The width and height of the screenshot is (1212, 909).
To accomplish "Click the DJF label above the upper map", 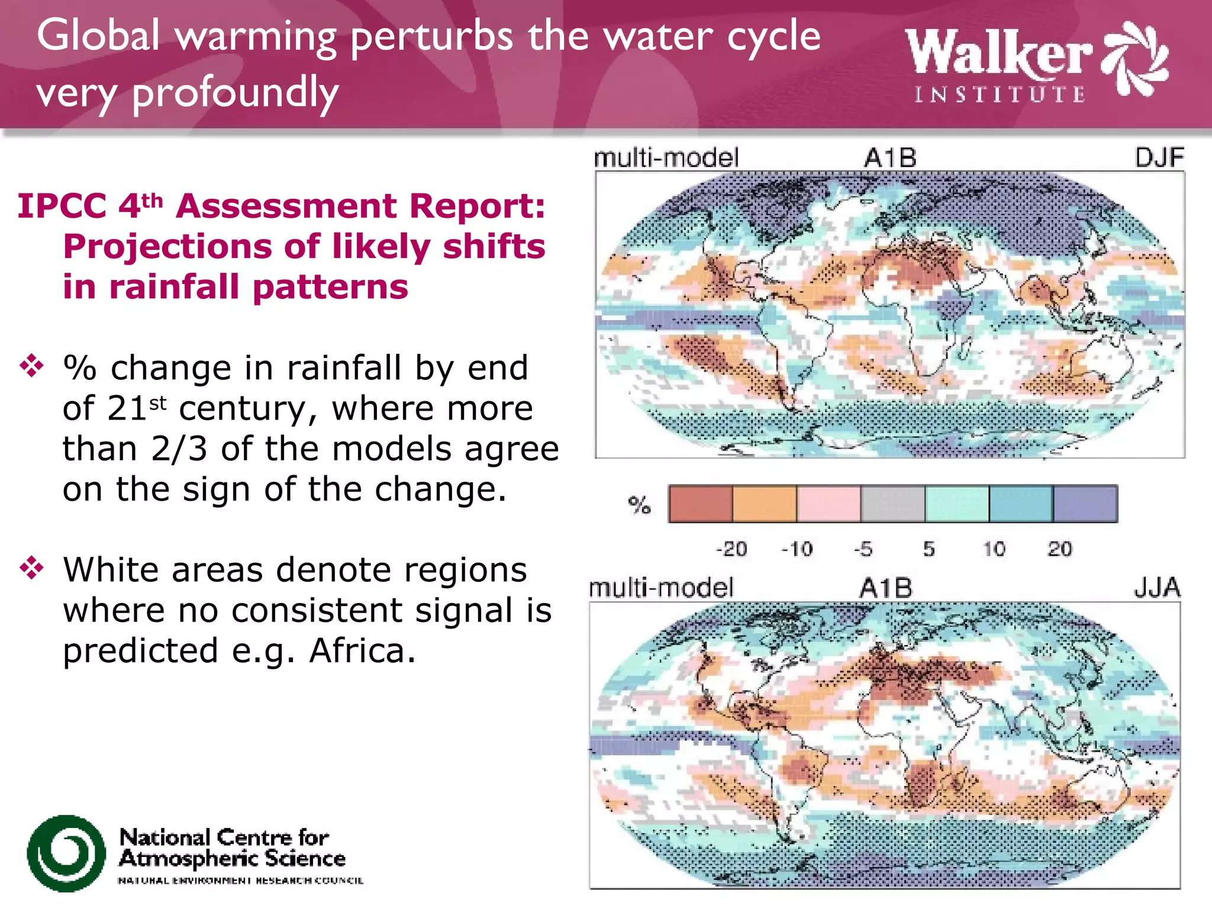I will (1159, 157).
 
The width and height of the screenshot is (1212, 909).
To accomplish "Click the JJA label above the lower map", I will (1157, 588).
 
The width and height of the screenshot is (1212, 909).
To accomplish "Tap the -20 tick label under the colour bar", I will (731, 549).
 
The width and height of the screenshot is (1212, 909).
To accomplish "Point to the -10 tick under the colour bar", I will (797, 549).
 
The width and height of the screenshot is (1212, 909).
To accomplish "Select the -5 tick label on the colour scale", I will (863, 549).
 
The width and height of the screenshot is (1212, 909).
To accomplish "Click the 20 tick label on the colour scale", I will (1059, 549).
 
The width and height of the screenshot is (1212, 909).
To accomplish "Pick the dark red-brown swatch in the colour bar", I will (701, 504).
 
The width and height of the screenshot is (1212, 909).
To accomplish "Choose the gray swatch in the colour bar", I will (893, 504).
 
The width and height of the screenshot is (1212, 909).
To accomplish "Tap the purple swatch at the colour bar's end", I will (1085, 504).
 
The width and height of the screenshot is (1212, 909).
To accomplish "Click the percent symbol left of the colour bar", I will (639, 505).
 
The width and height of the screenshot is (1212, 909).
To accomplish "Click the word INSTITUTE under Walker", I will (1000, 95).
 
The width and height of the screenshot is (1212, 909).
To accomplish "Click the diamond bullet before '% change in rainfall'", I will (32, 366).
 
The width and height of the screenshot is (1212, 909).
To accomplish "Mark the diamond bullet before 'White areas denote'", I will (32, 569).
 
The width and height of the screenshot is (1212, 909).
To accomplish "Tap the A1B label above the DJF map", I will (889, 158).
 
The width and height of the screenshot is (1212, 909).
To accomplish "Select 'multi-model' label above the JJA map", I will (661, 588).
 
